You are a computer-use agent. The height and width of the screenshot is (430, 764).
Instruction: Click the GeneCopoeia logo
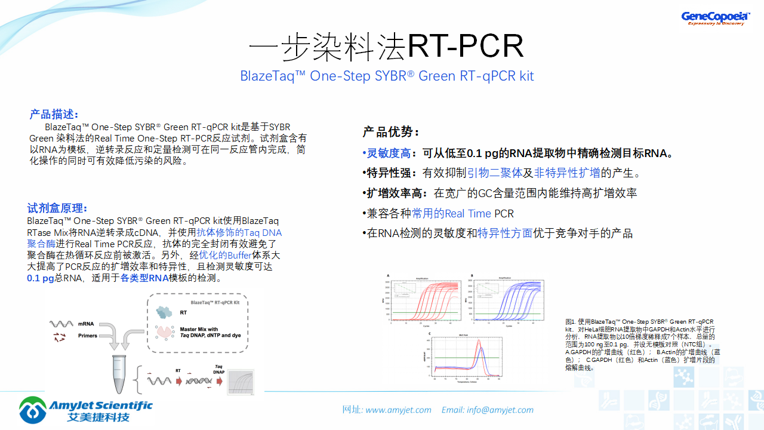pos(715,18)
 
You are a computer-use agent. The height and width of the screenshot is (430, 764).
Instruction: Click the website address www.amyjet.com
pos(398,410)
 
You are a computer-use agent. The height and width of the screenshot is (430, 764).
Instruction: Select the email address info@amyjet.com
pos(500,410)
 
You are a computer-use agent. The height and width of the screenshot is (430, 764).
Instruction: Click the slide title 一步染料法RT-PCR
pos(386,46)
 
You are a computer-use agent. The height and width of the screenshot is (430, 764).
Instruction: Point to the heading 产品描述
pos(54,115)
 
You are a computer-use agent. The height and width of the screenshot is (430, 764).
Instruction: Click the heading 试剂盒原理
pos(57,208)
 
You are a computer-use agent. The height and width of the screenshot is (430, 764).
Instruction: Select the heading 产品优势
pos(391,133)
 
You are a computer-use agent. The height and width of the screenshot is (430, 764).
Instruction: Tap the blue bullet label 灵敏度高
pos(389,153)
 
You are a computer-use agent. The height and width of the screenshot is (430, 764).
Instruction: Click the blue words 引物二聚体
pos(494,173)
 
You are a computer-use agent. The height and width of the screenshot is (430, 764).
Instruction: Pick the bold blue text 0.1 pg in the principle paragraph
pos(41,278)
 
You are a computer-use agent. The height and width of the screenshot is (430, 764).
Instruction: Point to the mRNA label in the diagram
pos(85,324)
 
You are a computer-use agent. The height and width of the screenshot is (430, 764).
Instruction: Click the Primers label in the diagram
pos(88,336)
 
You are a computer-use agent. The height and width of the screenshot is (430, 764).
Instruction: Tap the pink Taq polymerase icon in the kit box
pos(164,332)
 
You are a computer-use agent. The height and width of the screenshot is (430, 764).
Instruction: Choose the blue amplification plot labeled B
pos(507,300)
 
